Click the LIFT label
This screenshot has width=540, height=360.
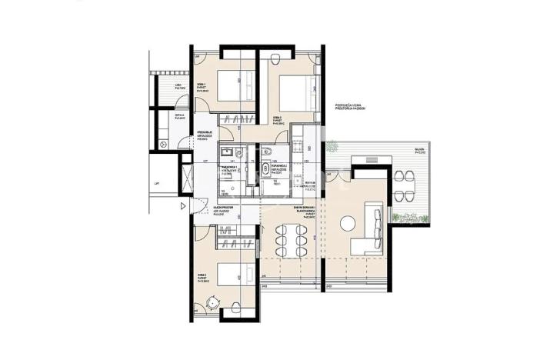(x=157, y=184)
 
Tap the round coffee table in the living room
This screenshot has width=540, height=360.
(x=347, y=223)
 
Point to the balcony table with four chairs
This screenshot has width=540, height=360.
(x=403, y=182)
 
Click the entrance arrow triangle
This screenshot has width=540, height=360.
(x=182, y=205)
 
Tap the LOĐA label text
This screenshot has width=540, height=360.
(x=179, y=85)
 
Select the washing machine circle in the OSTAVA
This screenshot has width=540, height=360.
(x=162, y=143)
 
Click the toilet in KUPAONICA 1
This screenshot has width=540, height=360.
(x=238, y=152)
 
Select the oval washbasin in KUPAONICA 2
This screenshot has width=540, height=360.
(x=266, y=168)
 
